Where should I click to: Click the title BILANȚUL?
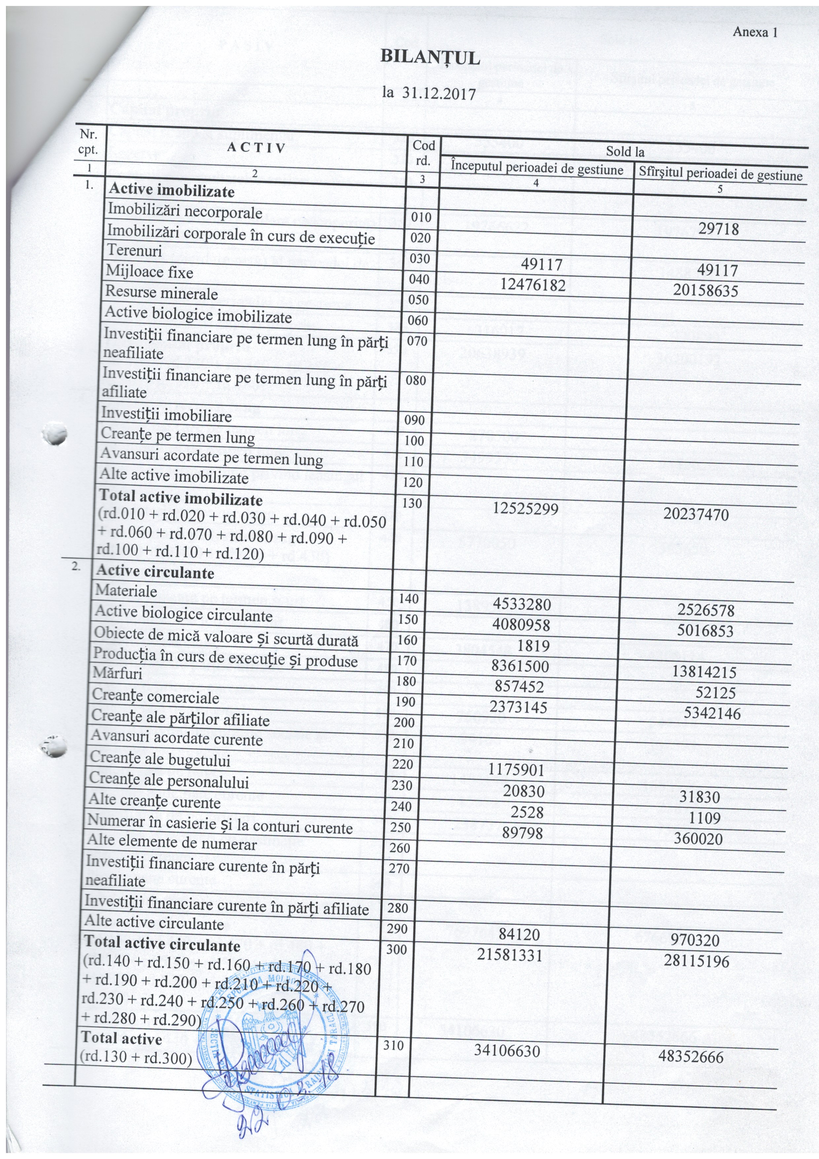pos(430,58)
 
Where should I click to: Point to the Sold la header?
pos(625,151)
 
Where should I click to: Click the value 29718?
pos(719,229)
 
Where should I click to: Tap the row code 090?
pos(415,420)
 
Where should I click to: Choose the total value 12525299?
pos(526,508)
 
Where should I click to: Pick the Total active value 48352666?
pos(691,1057)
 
